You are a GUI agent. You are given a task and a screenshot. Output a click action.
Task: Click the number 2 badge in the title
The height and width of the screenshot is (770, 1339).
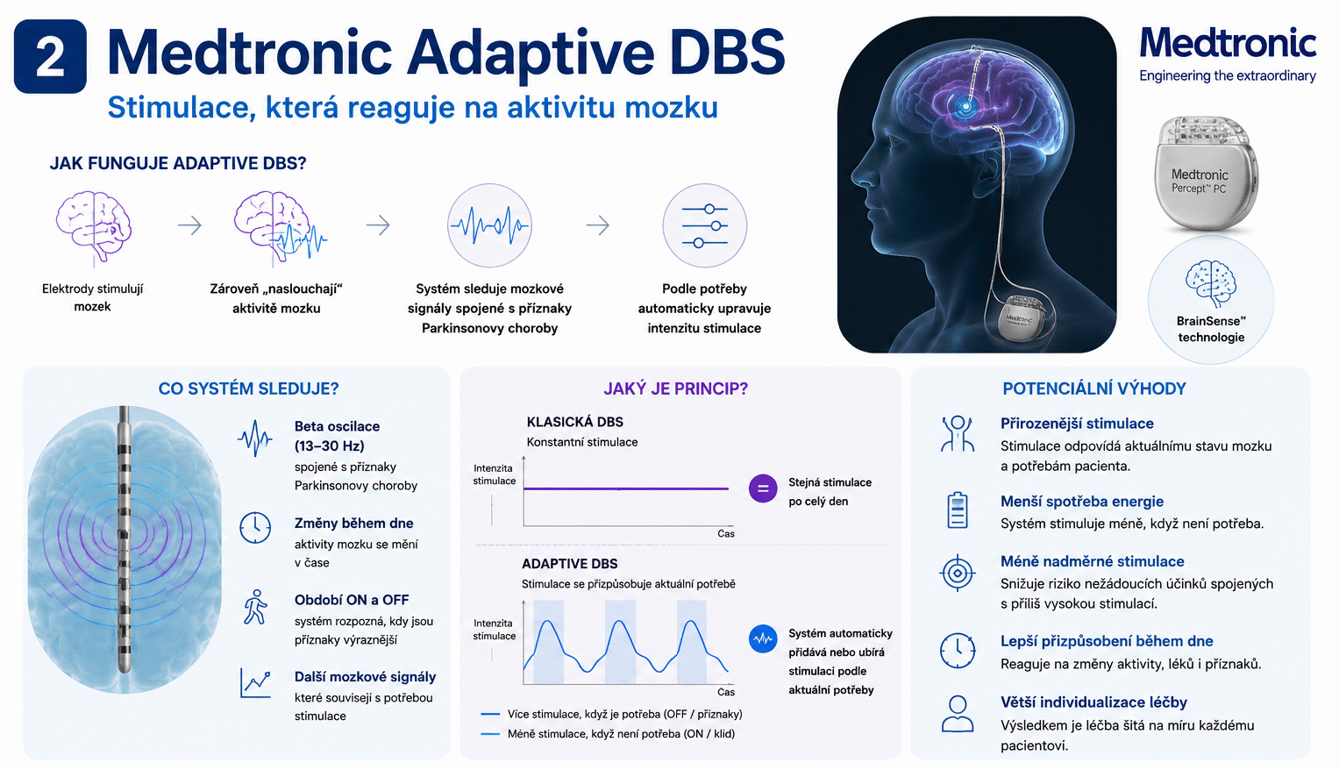pyautogui.click(x=50, y=56)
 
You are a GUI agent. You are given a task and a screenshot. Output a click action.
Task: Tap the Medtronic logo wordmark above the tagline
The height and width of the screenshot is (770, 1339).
pyautogui.click(x=1228, y=43)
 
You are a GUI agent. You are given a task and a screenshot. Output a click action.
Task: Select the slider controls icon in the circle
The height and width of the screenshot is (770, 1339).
pyautogui.click(x=704, y=225)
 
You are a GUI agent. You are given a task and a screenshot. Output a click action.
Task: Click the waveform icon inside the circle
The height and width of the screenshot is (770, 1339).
pyautogui.click(x=489, y=225)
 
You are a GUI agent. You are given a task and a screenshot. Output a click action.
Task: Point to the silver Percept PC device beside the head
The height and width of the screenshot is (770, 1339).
pyautogui.click(x=1206, y=174)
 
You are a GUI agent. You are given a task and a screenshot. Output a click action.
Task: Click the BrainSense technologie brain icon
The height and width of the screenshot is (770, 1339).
pyautogui.click(x=1211, y=283)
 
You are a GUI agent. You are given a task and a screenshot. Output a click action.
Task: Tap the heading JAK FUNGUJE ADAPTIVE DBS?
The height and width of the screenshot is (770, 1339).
pyautogui.click(x=177, y=163)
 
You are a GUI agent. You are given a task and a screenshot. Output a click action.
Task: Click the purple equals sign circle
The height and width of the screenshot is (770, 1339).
pyautogui.click(x=763, y=488)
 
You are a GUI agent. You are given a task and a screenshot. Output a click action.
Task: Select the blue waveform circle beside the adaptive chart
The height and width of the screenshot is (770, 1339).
pyautogui.click(x=763, y=639)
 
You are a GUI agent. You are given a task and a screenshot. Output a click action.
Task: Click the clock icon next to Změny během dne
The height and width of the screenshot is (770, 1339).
pyautogui.click(x=255, y=527)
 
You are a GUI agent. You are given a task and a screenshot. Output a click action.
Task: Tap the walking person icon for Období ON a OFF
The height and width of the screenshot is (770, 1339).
pyautogui.click(x=256, y=607)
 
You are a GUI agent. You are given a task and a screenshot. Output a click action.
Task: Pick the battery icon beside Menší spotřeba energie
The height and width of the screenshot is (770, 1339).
pyautogui.click(x=957, y=510)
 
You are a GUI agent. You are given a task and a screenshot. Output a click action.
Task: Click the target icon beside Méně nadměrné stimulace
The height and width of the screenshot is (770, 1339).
pyautogui.click(x=957, y=573)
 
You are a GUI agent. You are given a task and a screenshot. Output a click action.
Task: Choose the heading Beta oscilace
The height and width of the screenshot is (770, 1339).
pyautogui.click(x=337, y=426)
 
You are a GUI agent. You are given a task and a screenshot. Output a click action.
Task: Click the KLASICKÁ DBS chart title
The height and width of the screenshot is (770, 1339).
pyautogui.click(x=575, y=422)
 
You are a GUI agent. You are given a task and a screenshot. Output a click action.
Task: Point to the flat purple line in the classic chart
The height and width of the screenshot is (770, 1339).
pyautogui.click(x=626, y=488)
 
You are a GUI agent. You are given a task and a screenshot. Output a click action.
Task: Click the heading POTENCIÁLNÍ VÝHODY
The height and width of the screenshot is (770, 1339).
pyautogui.click(x=1094, y=389)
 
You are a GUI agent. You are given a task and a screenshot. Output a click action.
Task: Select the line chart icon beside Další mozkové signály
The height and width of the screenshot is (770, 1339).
pyautogui.click(x=256, y=682)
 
